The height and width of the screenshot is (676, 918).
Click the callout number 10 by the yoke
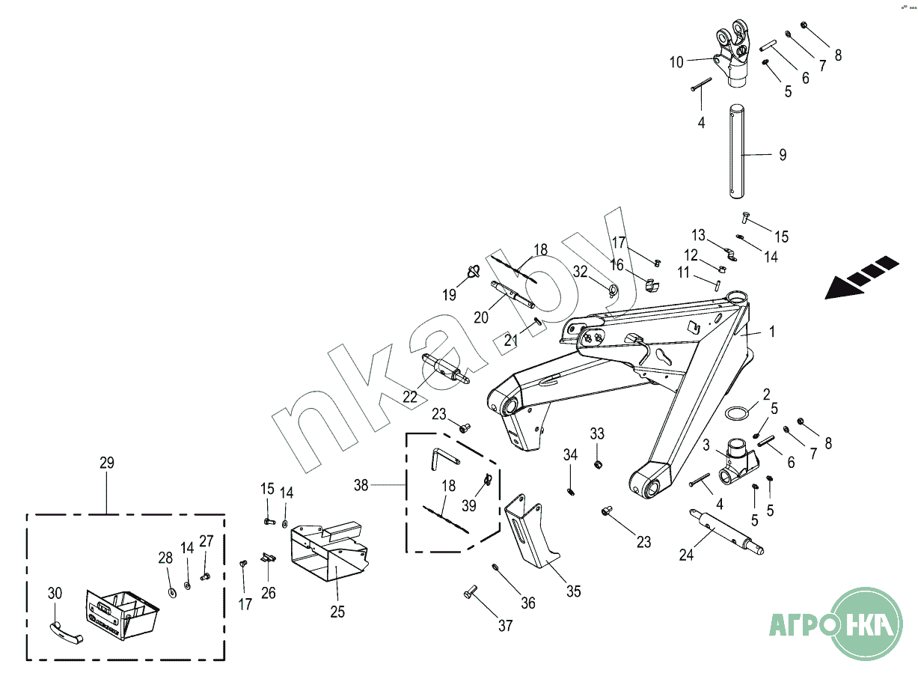[x=676, y=62]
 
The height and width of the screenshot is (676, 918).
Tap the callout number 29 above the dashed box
[x=107, y=463]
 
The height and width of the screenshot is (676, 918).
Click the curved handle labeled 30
[x=66, y=633]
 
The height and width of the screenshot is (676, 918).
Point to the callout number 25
[x=337, y=612]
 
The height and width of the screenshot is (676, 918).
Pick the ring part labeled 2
[x=738, y=413]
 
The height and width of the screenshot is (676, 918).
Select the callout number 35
[x=573, y=591]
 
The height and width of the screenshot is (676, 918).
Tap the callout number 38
[x=361, y=485]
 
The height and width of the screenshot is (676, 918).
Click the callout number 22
[x=410, y=398]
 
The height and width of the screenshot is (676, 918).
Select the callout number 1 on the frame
[x=772, y=330]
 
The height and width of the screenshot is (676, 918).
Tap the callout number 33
[x=597, y=433]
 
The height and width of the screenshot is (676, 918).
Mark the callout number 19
[x=449, y=294]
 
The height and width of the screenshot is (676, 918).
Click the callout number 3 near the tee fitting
[x=706, y=445]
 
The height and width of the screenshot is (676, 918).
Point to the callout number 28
[x=165, y=557]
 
